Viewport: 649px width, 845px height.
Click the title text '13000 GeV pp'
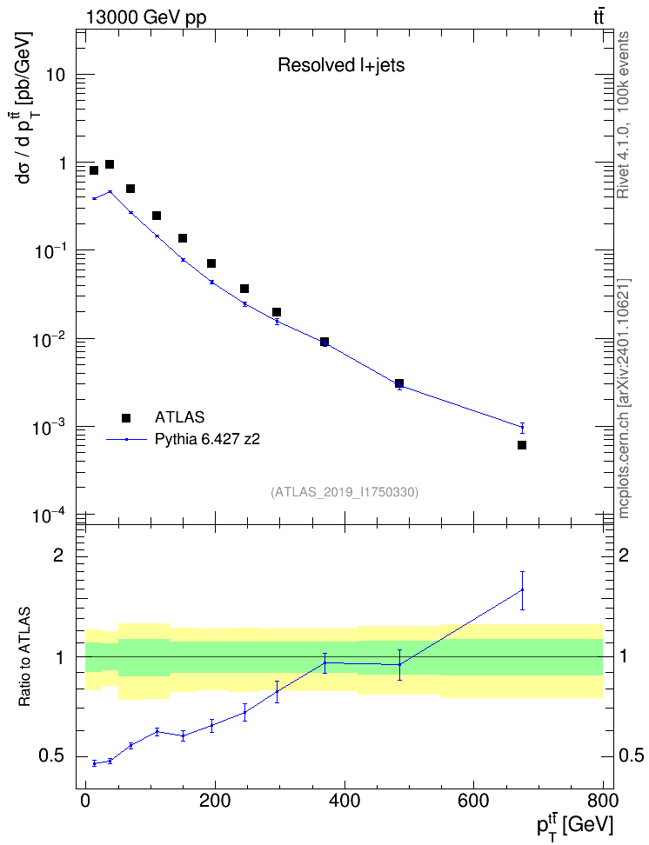(146, 18)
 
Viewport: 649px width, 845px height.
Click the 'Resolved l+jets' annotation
(341, 65)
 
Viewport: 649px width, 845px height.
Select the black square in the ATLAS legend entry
(126, 417)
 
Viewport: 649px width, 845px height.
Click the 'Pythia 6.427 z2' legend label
(207, 440)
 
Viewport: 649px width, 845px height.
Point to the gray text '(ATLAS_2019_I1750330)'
(345, 492)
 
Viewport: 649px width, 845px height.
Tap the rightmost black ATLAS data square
(522, 445)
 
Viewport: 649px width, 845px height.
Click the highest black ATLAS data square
(110, 164)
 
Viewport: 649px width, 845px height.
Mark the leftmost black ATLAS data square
(94, 170)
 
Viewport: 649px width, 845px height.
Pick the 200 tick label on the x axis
(215, 801)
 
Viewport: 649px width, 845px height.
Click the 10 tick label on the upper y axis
(56, 75)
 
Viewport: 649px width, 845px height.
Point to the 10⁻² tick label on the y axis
(48, 339)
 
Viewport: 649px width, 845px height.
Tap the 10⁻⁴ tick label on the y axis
(48, 516)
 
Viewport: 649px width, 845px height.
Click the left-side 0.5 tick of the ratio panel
(51, 756)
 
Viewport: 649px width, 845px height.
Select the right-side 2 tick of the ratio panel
(624, 556)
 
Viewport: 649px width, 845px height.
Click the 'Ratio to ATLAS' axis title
(23, 657)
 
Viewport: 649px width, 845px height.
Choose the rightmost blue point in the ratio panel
(522, 590)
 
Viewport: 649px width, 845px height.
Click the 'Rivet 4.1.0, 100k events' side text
(623, 116)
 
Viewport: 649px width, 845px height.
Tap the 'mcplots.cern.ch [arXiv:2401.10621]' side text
(623, 399)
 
